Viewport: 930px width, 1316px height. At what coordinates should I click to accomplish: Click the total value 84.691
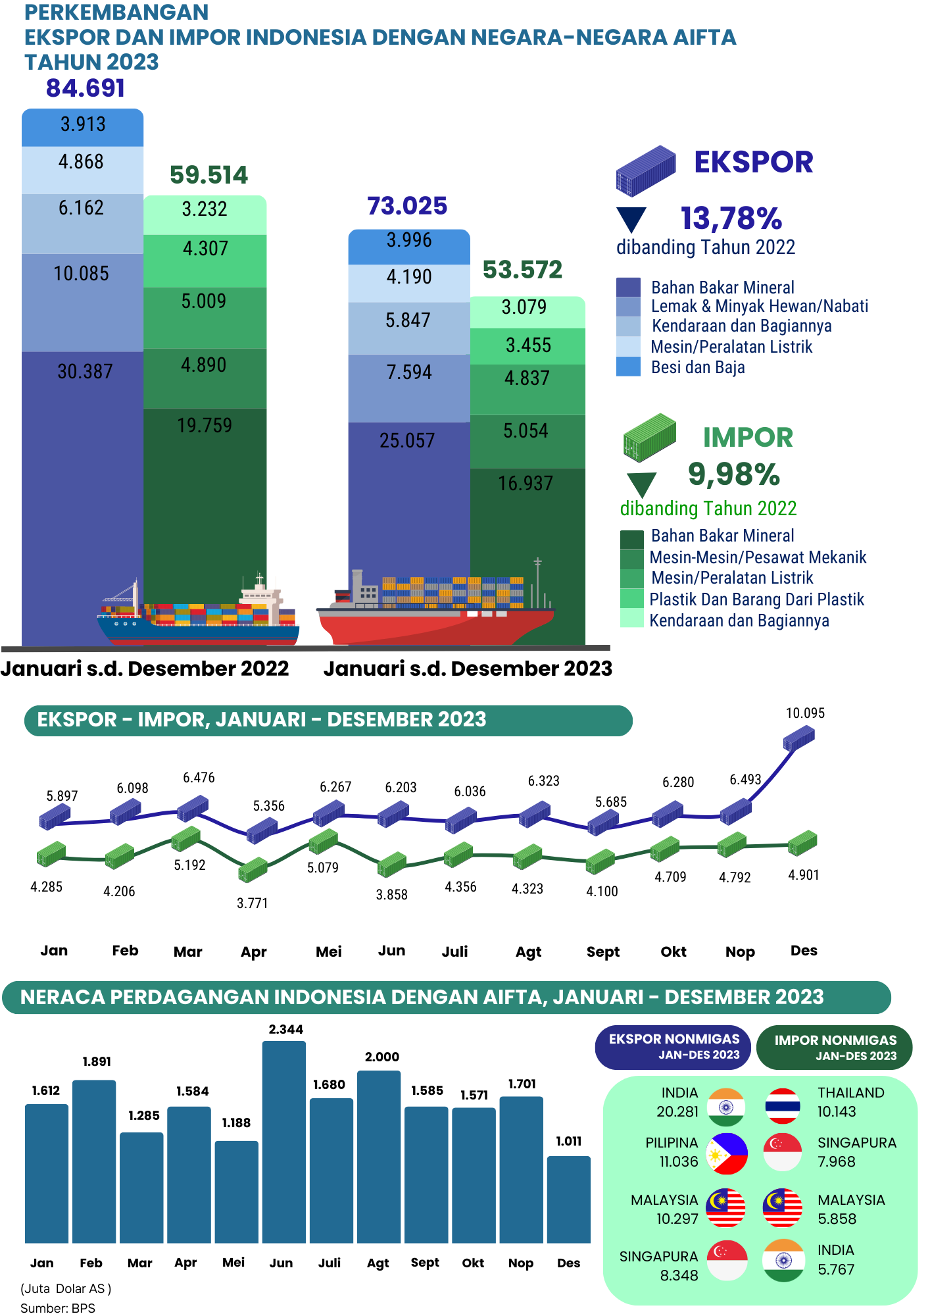point(86,88)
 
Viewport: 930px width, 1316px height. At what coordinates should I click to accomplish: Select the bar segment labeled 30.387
point(82,461)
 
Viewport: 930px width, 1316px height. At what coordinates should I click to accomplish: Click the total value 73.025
point(407,206)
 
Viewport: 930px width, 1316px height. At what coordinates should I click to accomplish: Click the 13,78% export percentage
point(731,218)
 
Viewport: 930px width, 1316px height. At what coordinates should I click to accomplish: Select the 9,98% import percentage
point(733,474)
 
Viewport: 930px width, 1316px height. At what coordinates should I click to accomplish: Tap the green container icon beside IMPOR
point(649,436)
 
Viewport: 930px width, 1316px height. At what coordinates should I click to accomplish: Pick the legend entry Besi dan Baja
point(698,367)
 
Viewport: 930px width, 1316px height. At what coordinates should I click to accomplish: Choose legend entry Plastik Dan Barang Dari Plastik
point(756,599)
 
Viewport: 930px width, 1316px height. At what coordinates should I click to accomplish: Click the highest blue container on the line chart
point(799,738)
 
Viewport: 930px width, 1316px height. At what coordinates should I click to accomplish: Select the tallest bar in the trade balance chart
point(284,1142)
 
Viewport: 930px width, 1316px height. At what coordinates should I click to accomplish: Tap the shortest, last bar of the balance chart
point(568,1199)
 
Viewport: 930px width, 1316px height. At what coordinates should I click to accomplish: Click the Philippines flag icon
point(727,1153)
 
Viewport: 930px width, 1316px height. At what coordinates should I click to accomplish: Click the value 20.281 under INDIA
point(677,1111)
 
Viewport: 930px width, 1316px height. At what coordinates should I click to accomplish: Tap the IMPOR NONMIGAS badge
point(835,1047)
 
